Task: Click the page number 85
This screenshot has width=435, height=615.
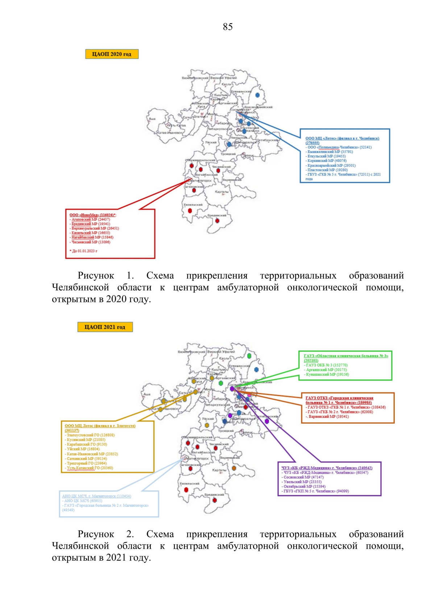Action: pos(228,27)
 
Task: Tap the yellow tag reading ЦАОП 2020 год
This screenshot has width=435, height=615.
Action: pos(112,54)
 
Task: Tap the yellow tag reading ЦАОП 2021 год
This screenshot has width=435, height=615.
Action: pos(105,327)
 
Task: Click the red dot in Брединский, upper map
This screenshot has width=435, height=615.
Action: pos(217,221)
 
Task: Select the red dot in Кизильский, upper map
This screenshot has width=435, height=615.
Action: pos(190,211)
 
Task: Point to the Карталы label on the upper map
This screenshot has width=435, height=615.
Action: pos(221,192)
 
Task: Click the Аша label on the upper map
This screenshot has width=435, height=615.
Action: pos(152,119)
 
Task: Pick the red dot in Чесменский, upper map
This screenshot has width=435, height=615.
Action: pos(218,170)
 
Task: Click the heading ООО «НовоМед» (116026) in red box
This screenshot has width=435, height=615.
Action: pos(92,215)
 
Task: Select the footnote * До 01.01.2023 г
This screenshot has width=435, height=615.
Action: pos(83,251)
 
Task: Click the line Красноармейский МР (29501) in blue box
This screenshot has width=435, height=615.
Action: pos(331,165)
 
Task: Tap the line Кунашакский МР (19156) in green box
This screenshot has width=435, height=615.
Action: pos(327,374)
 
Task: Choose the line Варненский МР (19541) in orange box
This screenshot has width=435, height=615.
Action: pos(328,416)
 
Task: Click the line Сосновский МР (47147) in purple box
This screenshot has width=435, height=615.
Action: pos(303,477)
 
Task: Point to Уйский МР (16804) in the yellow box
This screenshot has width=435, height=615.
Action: pos(83,449)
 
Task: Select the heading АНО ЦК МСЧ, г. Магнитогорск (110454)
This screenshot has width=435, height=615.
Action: pos(96,496)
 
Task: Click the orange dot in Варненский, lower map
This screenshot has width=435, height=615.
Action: pos(234,468)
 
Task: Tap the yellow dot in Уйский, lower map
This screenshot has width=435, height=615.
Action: pos(207,425)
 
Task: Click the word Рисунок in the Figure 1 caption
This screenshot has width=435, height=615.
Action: pos(96,276)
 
